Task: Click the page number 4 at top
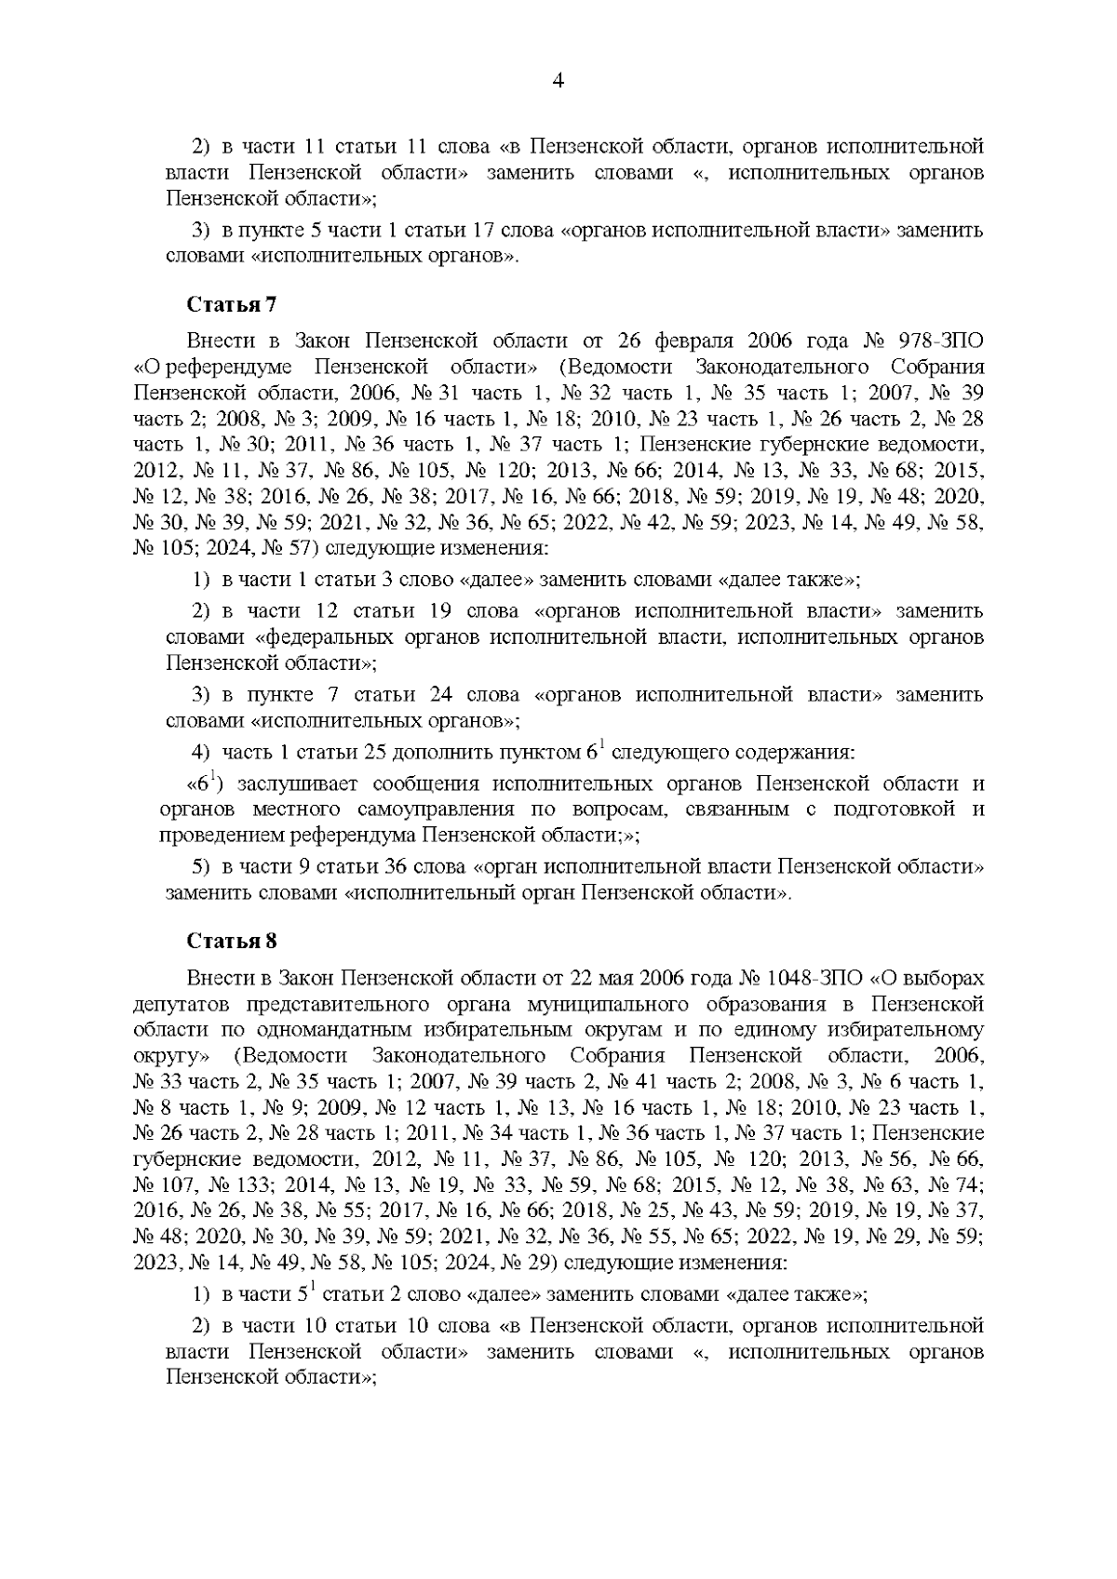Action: point(558,80)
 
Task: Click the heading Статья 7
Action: point(232,303)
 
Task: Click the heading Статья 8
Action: point(232,940)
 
